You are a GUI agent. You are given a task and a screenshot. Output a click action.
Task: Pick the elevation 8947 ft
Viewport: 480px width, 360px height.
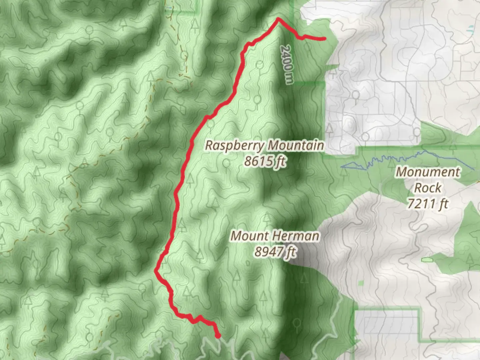pyautogui.click(x=275, y=252)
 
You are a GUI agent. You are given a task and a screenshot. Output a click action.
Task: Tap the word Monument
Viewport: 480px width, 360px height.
pyautogui.click(x=428, y=172)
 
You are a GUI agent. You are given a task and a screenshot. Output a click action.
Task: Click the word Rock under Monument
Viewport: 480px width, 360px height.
pyautogui.click(x=428, y=188)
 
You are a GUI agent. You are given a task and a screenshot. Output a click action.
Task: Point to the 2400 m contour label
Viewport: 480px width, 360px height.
pyautogui.click(x=286, y=65)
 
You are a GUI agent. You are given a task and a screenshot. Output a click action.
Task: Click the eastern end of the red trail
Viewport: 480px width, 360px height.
pyautogui.click(x=324, y=39)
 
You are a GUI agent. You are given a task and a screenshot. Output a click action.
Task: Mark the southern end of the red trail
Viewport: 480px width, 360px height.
pyautogui.click(x=218, y=336)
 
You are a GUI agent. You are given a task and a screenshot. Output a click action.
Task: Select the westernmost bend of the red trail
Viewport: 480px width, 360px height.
pyautogui.click(x=156, y=271)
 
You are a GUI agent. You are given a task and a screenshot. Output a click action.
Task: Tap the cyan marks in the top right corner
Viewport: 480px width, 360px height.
pyautogui.click(x=470, y=28)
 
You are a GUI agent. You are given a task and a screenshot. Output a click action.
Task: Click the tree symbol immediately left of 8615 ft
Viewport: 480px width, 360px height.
pyautogui.click(x=227, y=163)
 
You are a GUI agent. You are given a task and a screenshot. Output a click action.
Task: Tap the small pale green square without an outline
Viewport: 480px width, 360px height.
pyautogui.click(x=361, y=283)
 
